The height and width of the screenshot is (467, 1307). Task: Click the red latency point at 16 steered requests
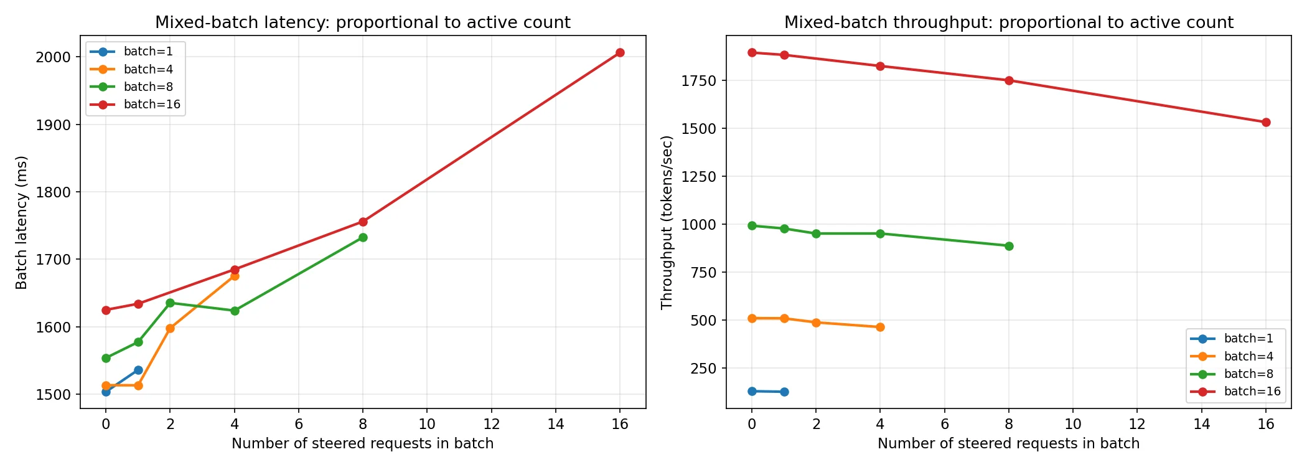coord(620,53)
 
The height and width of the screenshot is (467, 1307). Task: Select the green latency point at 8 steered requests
coord(363,237)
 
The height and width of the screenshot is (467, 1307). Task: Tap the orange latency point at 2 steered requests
coord(170,328)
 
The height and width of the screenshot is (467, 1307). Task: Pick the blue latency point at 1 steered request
coord(138,370)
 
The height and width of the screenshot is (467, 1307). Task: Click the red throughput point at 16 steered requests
coord(1266,123)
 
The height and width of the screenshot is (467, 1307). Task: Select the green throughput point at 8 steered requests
coord(1009,246)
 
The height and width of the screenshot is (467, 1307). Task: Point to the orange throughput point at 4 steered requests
coord(880,327)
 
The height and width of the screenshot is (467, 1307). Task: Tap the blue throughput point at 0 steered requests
coord(752,391)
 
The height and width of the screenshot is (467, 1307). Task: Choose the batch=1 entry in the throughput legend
coord(1248,339)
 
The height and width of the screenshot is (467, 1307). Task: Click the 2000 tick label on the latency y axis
coord(54,57)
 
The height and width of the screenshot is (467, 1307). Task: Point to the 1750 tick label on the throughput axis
coord(699,81)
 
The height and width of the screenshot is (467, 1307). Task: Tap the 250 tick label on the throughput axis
coord(703,369)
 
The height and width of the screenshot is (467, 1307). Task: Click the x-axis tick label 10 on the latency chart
coord(427,424)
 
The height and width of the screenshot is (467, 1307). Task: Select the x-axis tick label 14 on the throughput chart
coord(1201,424)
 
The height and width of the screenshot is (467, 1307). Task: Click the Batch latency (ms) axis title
coord(22,222)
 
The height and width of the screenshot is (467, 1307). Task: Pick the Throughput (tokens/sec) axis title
coord(667,222)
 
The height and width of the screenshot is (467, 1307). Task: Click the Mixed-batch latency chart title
coord(363,22)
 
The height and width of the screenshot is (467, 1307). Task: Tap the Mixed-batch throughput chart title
coord(1008,22)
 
